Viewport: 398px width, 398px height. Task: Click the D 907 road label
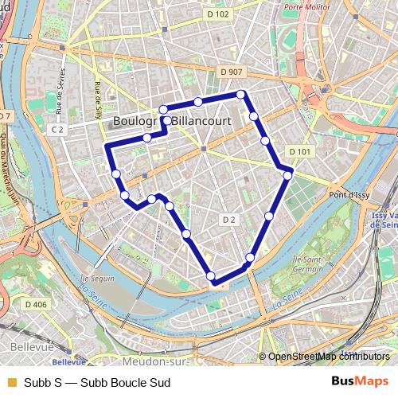230,72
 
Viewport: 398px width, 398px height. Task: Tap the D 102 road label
217,14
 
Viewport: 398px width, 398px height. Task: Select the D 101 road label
299,151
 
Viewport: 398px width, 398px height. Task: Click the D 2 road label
229,219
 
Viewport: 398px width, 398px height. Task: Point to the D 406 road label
36,304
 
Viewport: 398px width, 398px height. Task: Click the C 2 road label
57,128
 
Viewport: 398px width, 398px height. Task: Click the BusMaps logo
360,381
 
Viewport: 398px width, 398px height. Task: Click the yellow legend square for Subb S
11,382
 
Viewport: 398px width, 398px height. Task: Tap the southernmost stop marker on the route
211,276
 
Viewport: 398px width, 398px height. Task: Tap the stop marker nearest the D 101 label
287,176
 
